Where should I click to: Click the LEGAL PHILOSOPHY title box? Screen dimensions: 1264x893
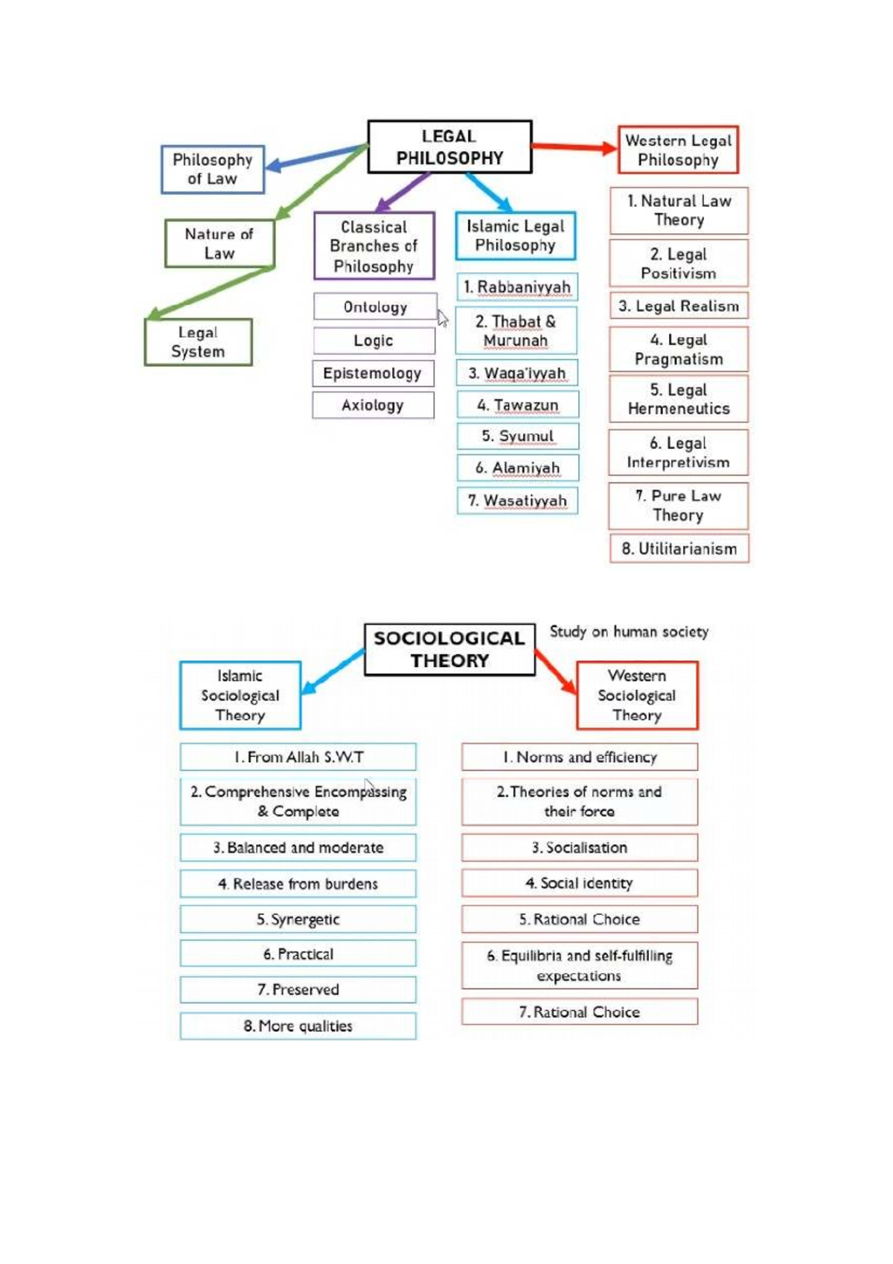(449, 147)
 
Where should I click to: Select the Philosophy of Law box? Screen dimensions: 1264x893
(213, 169)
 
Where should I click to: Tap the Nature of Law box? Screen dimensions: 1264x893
(220, 243)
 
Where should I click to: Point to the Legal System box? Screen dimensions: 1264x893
(198, 342)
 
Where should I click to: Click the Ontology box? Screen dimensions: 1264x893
(374, 307)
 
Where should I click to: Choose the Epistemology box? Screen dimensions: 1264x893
(373, 373)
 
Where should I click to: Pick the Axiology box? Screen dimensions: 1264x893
(373, 405)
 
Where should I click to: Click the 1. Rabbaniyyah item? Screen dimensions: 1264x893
(516, 287)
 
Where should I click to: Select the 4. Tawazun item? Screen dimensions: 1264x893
(517, 405)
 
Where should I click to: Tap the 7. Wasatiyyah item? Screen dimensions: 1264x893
(517, 500)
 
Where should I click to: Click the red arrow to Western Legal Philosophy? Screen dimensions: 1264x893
(573, 147)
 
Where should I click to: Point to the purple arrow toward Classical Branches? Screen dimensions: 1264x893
(403, 191)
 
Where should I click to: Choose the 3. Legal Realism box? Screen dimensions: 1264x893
(679, 306)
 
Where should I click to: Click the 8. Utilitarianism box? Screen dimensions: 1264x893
(679, 549)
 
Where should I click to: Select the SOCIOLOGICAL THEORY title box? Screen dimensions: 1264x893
(449, 649)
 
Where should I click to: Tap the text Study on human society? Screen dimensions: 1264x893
(629, 632)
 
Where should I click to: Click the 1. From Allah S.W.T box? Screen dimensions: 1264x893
(298, 757)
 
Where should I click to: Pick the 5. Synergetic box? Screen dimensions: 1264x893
(298, 919)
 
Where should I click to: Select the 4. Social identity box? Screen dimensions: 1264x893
(579, 883)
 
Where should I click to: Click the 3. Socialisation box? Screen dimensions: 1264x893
(579, 847)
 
